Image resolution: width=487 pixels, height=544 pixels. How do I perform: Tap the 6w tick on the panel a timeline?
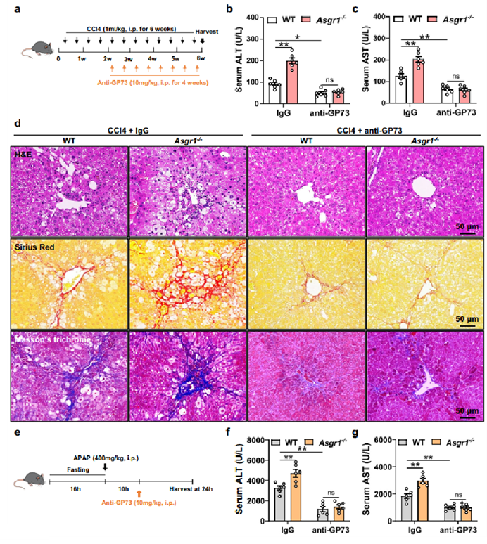(202, 58)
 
